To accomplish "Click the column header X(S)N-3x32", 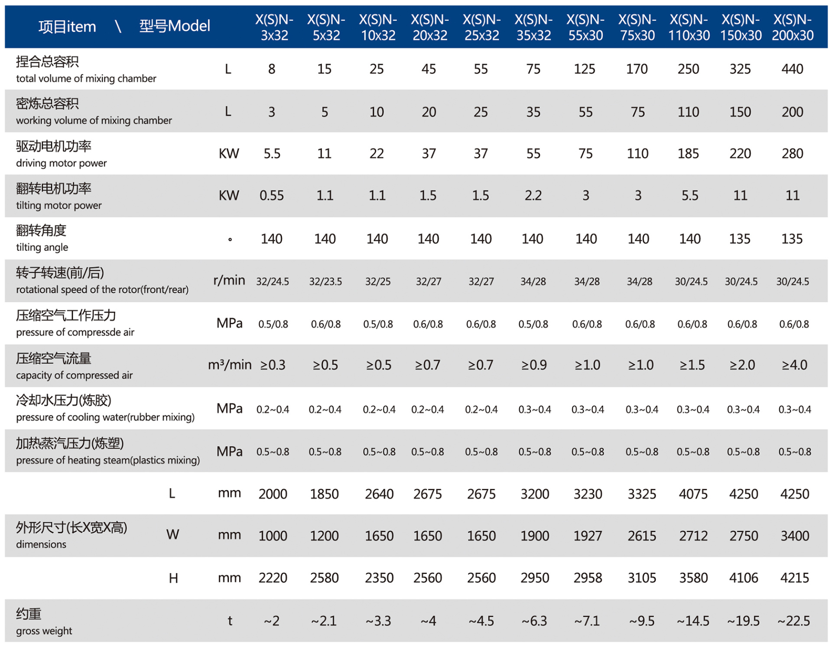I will pyautogui.click(x=274, y=27).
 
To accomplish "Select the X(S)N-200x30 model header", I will pyautogui.click(x=792, y=27).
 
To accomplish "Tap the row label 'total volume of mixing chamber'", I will pyautogui.click(x=86, y=78).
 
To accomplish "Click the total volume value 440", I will pyautogui.click(x=792, y=69).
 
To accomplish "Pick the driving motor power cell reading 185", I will pyautogui.click(x=688, y=154).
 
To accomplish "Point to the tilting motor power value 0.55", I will pyautogui.click(x=272, y=196).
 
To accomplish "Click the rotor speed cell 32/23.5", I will pyautogui.click(x=325, y=282).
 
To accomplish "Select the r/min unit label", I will pyautogui.click(x=229, y=281).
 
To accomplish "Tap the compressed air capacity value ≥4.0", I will pyautogui.click(x=794, y=365).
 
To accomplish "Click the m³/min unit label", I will pyautogui.click(x=230, y=365).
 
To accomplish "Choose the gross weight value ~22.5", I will pyautogui.click(x=793, y=621).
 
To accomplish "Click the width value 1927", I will pyautogui.click(x=588, y=536).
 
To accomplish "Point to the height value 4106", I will pyautogui.click(x=744, y=578).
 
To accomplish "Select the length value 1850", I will pyautogui.click(x=324, y=494).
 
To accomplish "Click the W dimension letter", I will pyautogui.click(x=172, y=535).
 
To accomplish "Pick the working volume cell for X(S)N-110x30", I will pyautogui.click(x=688, y=112).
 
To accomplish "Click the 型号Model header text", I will pyautogui.click(x=175, y=26).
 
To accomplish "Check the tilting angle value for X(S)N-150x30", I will pyautogui.click(x=740, y=239).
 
